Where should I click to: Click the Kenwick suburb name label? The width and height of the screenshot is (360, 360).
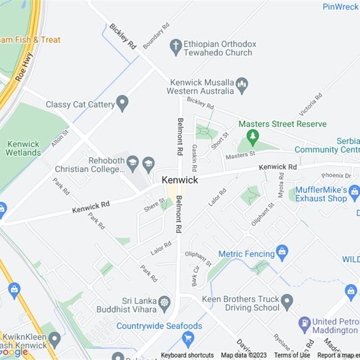point(180,180)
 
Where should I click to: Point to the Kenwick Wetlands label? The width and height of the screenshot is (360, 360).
point(23,148)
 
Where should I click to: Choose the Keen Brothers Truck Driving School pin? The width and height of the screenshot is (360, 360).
point(287,301)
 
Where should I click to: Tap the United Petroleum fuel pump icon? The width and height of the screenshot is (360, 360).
point(305,323)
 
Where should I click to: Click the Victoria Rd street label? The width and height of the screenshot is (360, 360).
point(310,104)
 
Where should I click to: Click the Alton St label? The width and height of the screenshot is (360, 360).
point(60,138)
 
